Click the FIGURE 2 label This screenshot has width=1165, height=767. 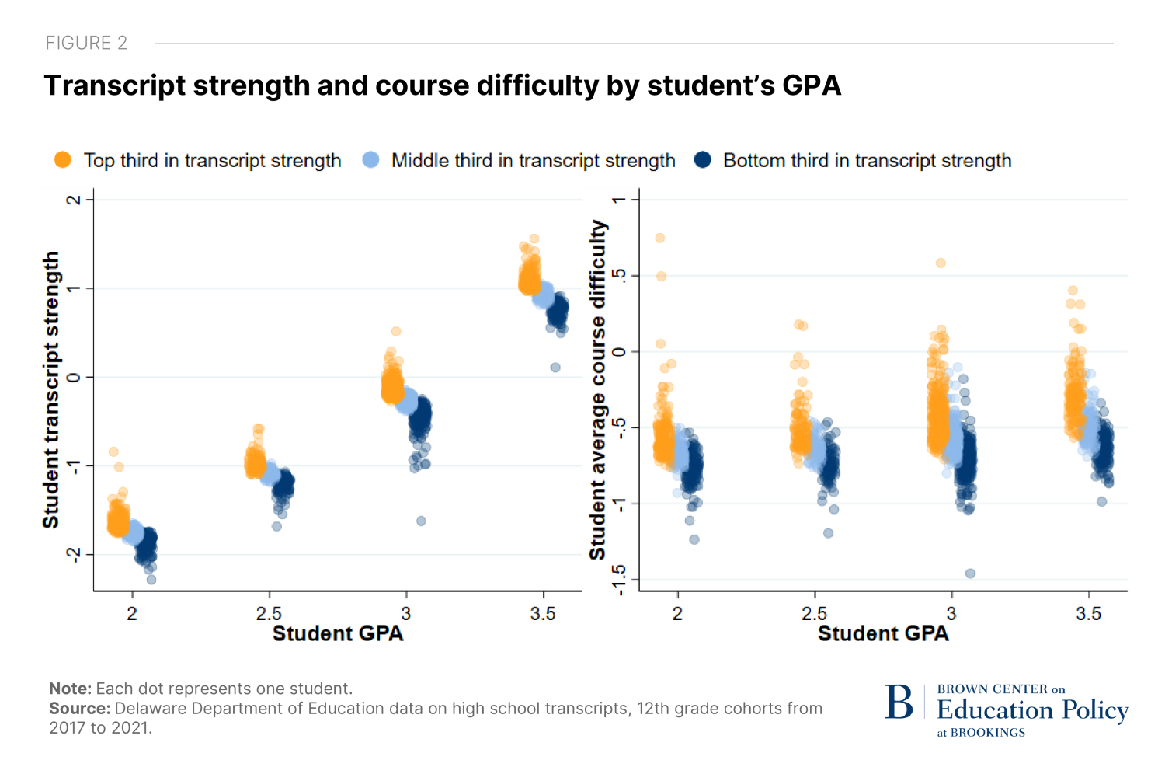tap(86, 43)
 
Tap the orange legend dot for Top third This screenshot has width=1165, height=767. tap(62, 160)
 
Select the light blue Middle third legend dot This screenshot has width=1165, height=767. tap(370, 160)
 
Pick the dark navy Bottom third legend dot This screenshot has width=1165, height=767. tap(703, 160)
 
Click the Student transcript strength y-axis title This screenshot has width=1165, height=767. tap(51, 390)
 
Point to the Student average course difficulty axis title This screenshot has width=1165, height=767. tap(597, 390)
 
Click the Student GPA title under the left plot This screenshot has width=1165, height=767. tap(338, 634)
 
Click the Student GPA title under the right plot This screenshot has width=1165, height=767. tap(883, 634)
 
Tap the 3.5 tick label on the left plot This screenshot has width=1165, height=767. tap(543, 614)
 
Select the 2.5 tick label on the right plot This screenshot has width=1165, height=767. tap(815, 614)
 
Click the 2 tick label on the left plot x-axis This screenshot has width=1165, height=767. tap(132, 614)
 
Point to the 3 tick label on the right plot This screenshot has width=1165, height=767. tap(951, 614)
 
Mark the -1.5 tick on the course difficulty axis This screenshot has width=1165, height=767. tap(619, 580)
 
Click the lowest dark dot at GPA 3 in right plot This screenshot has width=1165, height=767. tap(970, 574)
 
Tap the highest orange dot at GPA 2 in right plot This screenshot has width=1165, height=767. tap(659, 239)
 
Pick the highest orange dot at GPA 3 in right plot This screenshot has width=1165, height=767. tap(941, 263)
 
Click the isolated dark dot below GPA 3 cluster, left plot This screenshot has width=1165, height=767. tap(421, 521)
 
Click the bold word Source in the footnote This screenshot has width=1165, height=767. tap(80, 709)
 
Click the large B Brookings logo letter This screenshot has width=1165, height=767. tap(899, 703)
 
